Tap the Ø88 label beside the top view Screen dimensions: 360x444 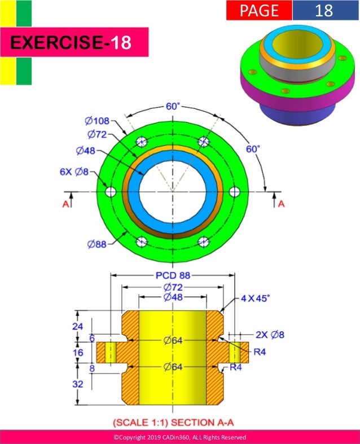98,244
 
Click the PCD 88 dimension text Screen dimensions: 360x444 172,276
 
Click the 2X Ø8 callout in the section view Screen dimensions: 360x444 269,335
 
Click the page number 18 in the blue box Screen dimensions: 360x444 324,10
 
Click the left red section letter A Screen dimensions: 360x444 65,204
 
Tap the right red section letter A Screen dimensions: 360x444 281,204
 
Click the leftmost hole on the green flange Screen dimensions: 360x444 111,192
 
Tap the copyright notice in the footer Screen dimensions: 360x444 179,437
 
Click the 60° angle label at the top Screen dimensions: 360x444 173,107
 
